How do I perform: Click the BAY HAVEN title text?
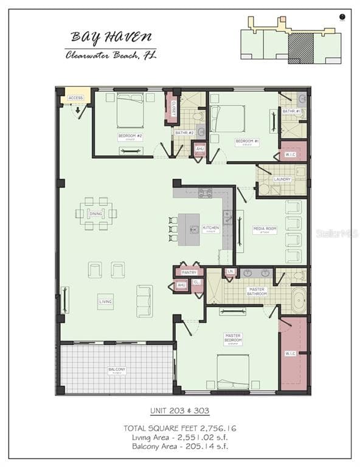[110, 37]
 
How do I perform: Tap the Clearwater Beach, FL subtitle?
[111, 55]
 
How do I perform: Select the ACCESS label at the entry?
[75, 98]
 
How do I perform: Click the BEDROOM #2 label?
[130, 136]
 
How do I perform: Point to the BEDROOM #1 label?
[247, 141]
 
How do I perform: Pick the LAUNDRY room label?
[282, 179]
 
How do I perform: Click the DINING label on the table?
[96, 213]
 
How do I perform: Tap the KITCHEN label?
[210, 229]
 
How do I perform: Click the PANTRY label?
[189, 273]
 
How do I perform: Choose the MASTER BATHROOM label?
[257, 291]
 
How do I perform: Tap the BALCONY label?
[117, 370]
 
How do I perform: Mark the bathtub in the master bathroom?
[299, 302]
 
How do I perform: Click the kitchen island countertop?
[189, 229]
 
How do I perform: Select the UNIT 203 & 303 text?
[179, 411]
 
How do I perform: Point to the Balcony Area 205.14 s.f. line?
[179, 446]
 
